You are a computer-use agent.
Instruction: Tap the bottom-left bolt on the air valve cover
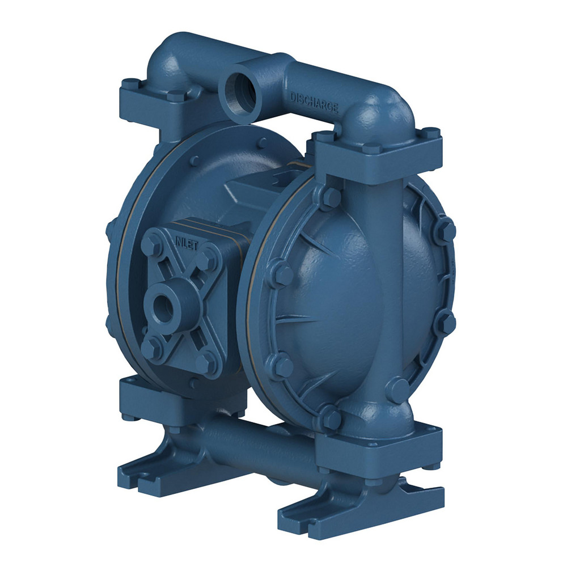(x=150, y=348)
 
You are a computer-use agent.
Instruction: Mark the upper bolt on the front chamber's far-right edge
(x=446, y=230)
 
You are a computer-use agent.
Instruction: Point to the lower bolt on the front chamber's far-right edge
(x=447, y=323)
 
